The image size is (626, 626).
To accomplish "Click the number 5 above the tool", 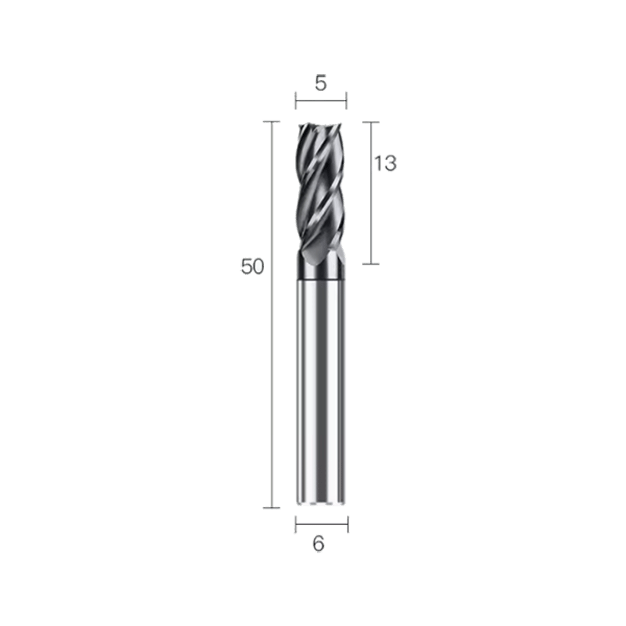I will click(x=321, y=83).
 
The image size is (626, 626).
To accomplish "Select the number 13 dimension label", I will click(x=386, y=164).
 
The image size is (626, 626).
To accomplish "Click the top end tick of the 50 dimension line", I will click(x=271, y=120).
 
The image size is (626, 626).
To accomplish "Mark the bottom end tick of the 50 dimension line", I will click(x=271, y=508).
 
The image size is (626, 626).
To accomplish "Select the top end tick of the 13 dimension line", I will click(x=372, y=121).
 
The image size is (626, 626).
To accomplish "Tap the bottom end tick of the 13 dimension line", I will click(x=372, y=263).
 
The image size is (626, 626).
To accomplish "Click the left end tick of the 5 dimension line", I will click(x=295, y=100).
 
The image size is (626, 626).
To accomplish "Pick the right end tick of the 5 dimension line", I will click(x=347, y=100).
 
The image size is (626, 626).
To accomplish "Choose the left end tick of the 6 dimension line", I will click(x=295, y=525).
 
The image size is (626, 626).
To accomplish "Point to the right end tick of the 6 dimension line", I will click(x=347, y=525).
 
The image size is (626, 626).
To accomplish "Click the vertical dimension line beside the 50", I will click(x=271, y=376).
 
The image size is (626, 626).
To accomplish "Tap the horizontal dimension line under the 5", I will click(x=321, y=100).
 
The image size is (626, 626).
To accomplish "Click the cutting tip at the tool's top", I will click(x=321, y=126).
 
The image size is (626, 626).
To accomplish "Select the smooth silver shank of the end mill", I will click(x=321, y=388).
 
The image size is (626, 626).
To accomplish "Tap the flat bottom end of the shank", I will click(x=321, y=503).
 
